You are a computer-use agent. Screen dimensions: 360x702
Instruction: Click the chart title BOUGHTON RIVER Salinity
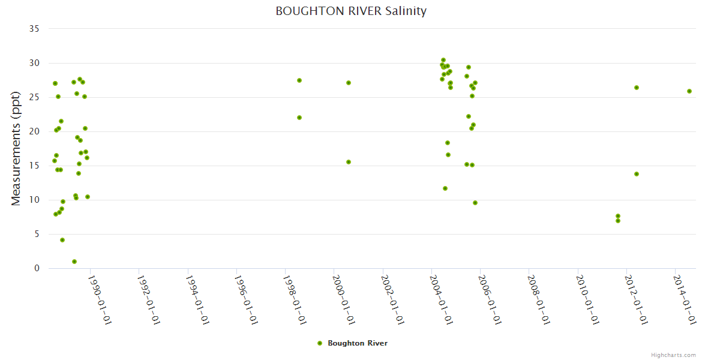pyautogui.click(x=351, y=11)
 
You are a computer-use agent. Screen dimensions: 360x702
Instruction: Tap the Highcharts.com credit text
pyautogui.click(x=673, y=355)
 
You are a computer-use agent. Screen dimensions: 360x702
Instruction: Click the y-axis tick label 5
pyautogui.click(x=37, y=234)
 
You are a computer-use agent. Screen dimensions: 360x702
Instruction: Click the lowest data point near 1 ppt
pyautogui.click(x=74, y=262)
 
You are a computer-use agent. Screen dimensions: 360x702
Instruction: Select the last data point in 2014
pyautogui.click(x=689, y=91)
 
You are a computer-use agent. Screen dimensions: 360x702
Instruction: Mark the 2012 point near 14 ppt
pyautogui.click(x=637, y=174)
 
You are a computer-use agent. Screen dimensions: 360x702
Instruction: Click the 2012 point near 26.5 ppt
pyautogui.click(x=637, y=88)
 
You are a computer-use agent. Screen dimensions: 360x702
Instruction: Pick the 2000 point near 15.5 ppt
pyautogui.click(x=349, y=162)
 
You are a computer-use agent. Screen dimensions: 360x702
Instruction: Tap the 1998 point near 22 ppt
pyautogui.click(x=299, y=118)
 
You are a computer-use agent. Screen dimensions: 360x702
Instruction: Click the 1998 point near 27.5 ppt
pyautogui.click(x=299, y=80)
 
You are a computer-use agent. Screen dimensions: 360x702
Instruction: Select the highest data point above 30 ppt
pyautogui.click(x=443, y=60)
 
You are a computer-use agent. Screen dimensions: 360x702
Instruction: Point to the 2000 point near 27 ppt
pyautogui.click(x=349, y=83)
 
